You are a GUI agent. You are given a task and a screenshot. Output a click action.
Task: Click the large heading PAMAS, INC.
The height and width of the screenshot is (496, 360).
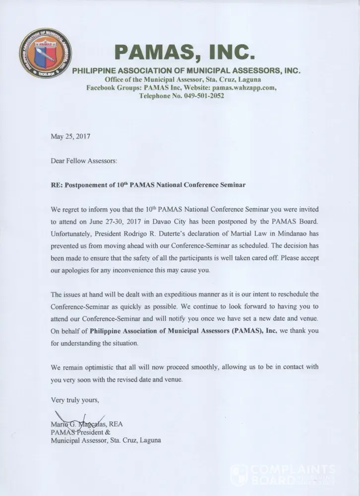[185, 51]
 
